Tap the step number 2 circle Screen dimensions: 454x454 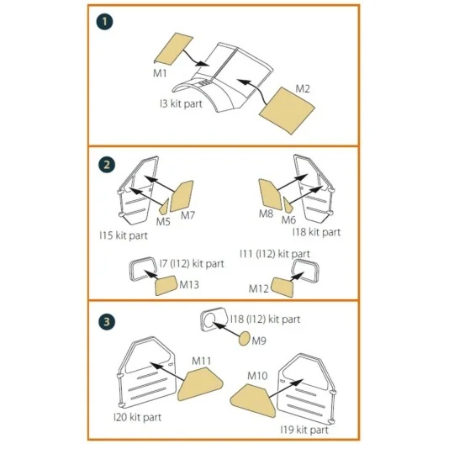coord(105,165)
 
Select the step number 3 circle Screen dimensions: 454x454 coord(105,321)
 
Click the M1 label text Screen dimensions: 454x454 coord(160,74)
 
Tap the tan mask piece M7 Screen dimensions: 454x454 coord(182,198)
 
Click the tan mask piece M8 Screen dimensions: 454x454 coord(270,194)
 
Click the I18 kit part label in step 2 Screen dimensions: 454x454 coord(317,231)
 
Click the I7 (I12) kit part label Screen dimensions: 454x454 coord(192,263)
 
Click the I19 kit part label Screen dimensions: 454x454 coord(304,429)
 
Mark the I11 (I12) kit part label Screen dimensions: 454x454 coord(274,252)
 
